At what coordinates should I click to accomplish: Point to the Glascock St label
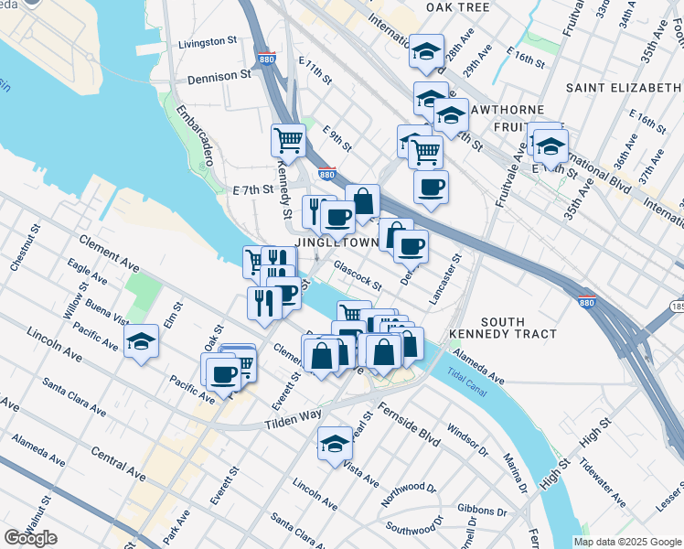coord(357,274)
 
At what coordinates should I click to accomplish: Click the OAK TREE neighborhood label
coord(457,6)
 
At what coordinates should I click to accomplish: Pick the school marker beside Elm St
coord(141,341)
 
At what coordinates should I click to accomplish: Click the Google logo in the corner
coord(30,538)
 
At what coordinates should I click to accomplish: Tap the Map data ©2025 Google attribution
coord(627,542)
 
